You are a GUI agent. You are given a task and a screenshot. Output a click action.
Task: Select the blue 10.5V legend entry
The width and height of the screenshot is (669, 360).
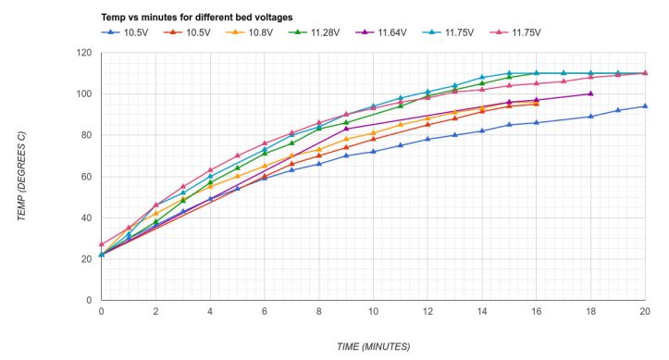(125, 32)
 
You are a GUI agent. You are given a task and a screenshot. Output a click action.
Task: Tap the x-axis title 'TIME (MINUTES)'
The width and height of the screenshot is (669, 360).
(373, 346)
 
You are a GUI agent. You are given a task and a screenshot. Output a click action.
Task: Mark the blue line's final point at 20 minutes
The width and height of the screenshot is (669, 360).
(645, 106)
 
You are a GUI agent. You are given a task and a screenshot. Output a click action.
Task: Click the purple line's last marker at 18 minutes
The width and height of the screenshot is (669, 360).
(590, 93)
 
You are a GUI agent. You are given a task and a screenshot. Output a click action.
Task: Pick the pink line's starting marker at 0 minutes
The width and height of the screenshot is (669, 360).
(101, 244)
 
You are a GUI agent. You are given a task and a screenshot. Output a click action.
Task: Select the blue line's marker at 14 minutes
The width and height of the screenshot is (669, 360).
(482, 130)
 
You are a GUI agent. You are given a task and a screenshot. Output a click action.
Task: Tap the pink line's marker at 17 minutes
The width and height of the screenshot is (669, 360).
(564, 81)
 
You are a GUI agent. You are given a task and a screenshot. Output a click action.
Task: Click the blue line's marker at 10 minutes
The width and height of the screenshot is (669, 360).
(373, 152)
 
